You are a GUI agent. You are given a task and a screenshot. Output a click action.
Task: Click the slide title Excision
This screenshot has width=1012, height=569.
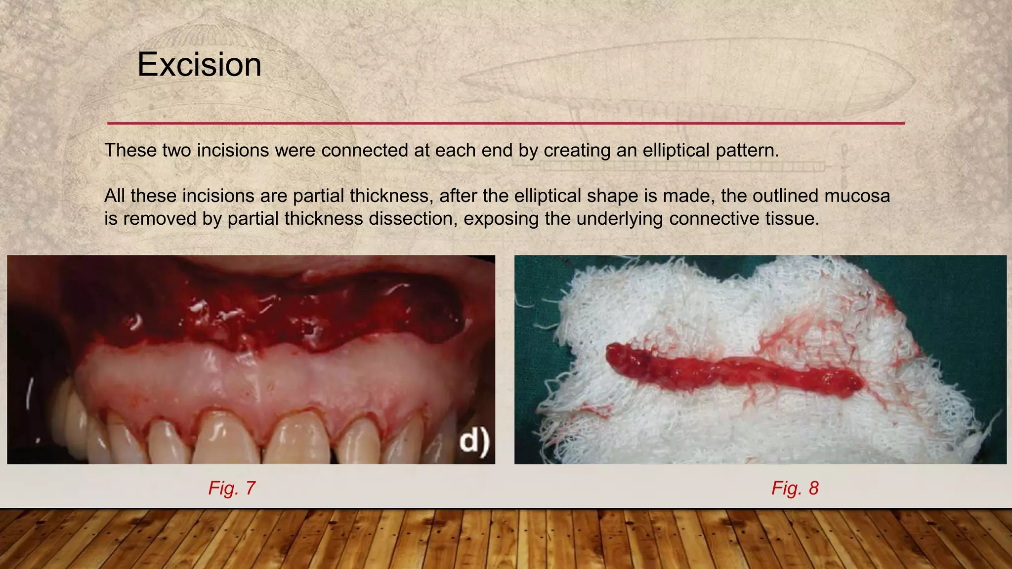(199, 65)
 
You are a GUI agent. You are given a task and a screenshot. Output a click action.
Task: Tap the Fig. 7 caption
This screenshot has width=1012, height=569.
(231, 488)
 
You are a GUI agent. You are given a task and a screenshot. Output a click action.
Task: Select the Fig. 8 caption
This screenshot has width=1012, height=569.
(795, 488)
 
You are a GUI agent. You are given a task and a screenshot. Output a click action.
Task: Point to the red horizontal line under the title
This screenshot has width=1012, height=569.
(506, 123)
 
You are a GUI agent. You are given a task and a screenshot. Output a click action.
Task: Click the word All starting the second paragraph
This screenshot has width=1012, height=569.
(115, 196)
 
